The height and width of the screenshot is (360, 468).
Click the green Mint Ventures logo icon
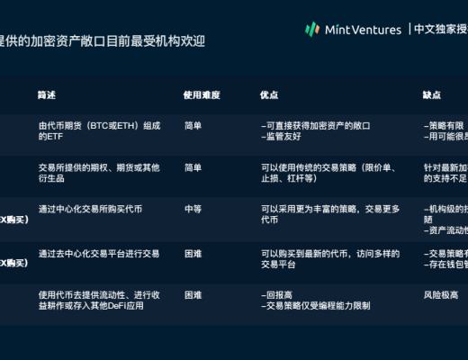pos(312,29)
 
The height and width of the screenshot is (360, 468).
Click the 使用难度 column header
pos(202,94)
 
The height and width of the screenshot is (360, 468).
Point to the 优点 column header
pos(269,94)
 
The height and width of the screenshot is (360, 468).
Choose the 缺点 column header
pos(432,94)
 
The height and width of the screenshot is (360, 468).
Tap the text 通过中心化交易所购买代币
pos(90,209)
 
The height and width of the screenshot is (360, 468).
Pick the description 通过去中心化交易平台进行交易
pos(99,253)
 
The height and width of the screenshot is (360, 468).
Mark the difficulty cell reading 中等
pos(193,209)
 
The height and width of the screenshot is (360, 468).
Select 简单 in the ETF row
pos(193,126)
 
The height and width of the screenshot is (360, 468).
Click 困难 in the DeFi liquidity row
pos(193,294)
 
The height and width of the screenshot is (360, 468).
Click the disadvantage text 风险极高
pos(440,294)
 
